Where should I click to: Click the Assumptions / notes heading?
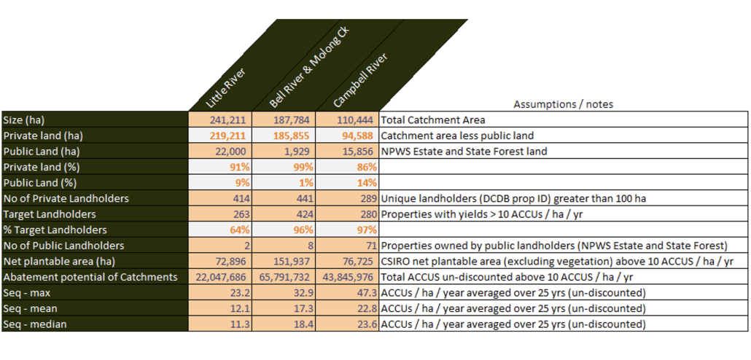[563, 104]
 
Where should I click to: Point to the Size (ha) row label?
[28, 120]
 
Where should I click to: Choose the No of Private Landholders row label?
[66, 198]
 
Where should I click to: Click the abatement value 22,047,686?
[221, 277]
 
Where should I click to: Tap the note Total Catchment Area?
[433, 120]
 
